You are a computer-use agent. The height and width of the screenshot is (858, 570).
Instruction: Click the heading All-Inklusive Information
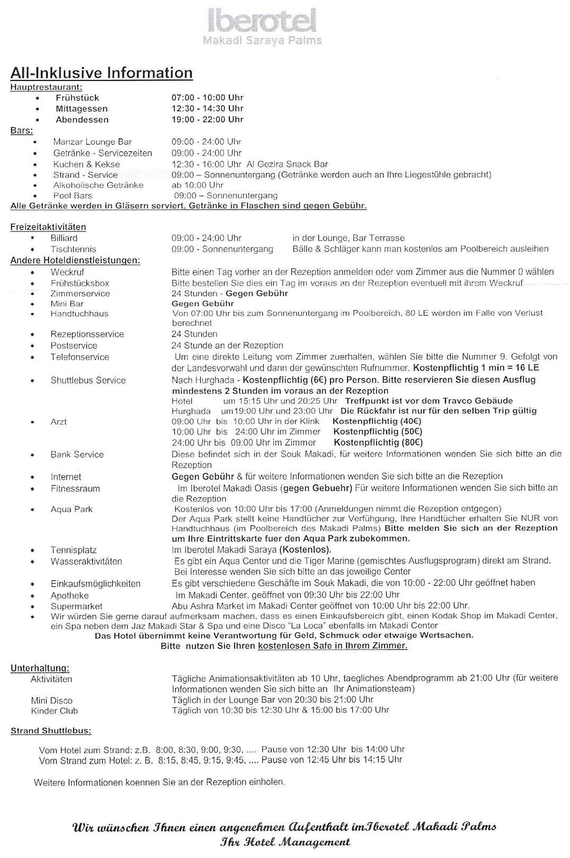click(x=101, y=73)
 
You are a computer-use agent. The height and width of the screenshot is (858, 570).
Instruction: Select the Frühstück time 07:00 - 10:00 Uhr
click(x=207, y=97)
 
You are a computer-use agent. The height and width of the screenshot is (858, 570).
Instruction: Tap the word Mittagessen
click(x=81, y=109)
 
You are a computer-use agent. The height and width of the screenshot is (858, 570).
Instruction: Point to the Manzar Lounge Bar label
click(x=92, y=141)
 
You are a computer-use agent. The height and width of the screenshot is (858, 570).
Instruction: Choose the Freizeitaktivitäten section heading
click(x=48, y=227)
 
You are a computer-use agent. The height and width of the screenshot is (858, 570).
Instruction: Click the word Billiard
click(x=64, y=238)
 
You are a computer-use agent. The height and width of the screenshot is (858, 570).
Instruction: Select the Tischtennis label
click(x=73, y=249)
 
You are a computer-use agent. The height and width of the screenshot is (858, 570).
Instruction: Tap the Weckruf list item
click(x=67, y=272)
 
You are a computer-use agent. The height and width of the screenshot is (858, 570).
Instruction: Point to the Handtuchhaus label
click(x=79, y=314)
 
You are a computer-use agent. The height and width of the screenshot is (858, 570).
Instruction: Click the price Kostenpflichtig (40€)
click(x=377, y=421)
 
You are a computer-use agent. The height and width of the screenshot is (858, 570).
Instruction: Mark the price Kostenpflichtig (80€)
click(x=378, y=442)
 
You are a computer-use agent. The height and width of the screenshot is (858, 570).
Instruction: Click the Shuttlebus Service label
click(x=88, y=380)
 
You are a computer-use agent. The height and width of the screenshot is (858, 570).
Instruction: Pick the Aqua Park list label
click(x=72, y=509)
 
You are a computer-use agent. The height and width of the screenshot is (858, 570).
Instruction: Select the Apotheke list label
click(x=69, y=595)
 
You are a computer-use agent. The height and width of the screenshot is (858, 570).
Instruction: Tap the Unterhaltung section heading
click(x=40, y=668)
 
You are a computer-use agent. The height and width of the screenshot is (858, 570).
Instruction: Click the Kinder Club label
click(x=54, y=711)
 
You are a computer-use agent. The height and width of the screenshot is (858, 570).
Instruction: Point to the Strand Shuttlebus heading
click(x=51, y=731)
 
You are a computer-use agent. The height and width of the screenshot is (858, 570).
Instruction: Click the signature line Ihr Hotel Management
click(x=285, y=842)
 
